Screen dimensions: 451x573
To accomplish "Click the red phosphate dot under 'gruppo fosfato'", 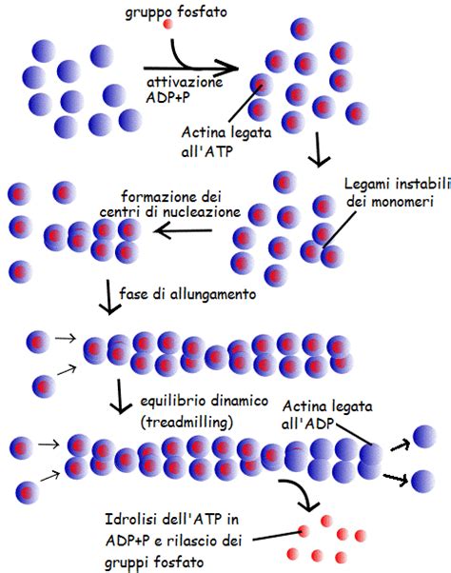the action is click(x=167, y=24).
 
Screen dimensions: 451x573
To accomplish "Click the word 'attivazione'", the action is click(x=185, y=82).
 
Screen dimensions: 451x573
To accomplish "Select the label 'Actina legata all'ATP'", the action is click(x=226, y=142).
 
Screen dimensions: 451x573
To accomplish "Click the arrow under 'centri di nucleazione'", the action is click(x=183, y=231).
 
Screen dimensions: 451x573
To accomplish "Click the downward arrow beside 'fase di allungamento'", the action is click(x=108, y=297).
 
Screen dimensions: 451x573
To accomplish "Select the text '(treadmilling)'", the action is click(x=186, y=423).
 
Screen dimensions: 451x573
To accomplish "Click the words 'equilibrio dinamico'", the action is click(x=205, y=402).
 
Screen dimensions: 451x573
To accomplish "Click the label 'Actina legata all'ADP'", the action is click(x=327, y=414).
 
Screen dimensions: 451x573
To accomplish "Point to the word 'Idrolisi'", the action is click(x=127, y=520).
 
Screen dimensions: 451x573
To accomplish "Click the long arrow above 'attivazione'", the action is click(x=190, y=68).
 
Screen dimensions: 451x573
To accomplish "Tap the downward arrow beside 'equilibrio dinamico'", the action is click(x=120, y=397).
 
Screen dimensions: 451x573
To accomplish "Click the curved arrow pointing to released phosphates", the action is click(x=300, y=493).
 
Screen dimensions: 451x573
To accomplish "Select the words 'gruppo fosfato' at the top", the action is click(x=176, y=12).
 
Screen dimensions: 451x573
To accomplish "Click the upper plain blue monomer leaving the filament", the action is click(x=424, y=437).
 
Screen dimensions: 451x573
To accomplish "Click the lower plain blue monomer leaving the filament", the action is click(x=422, y=481).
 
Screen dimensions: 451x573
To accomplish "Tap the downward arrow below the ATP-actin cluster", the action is click(x=319, y=149).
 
